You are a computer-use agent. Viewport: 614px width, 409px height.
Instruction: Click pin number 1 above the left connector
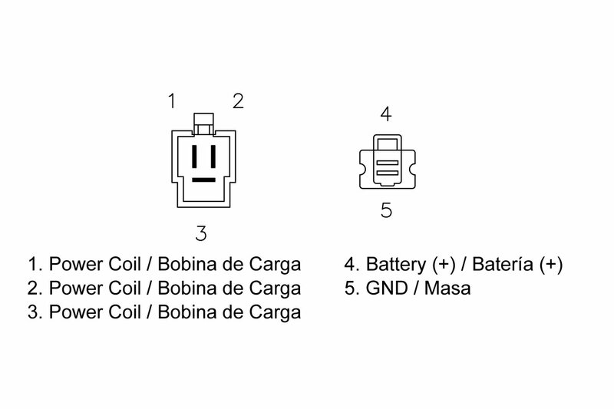tap(172, 101)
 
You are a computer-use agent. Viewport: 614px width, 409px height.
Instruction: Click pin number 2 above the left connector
tap(238, 101)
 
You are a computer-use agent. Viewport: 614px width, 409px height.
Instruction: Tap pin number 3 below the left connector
tap(201, 233)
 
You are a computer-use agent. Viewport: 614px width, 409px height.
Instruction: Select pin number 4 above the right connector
tap(386, 114)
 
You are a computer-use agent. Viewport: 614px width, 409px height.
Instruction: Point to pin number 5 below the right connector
tap(386, 210)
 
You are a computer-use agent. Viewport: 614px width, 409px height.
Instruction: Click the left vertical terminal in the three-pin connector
tap(194, 157)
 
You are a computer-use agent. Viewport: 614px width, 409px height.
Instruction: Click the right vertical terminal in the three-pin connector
tap(213, 157)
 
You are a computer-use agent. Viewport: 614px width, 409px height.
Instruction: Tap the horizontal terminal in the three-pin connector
tap(203, 180)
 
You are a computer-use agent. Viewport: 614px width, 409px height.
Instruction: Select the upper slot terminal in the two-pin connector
tap(388, 163)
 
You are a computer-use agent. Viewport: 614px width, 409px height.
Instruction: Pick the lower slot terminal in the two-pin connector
tap(388, 173)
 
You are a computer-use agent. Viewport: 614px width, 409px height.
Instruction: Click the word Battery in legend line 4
tap(395, 265)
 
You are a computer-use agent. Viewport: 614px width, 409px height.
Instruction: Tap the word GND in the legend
tap(387, 289)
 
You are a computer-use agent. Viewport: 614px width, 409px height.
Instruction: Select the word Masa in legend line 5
tap(447, 289)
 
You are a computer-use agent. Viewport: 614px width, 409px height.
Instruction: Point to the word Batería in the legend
tap(503, 264)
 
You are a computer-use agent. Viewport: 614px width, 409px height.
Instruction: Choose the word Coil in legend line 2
tap(124, 289)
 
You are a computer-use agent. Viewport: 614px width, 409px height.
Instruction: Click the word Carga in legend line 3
tap(275, 313)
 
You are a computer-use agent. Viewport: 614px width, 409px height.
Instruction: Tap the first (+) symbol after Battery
tap(444, 265)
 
